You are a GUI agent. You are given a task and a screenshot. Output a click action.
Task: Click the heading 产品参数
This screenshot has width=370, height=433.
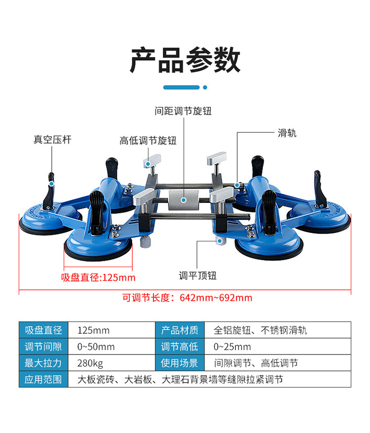click(185, 61)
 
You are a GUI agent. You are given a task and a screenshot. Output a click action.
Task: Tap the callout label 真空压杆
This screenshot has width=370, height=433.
click(52, 140)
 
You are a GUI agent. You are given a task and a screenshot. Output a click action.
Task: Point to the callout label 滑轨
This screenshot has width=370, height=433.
click(288, 133)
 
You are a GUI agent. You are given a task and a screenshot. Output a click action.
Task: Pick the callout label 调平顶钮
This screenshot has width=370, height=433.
click(198, 276)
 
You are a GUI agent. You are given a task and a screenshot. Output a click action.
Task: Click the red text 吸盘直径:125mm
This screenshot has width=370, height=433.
click(98, 277)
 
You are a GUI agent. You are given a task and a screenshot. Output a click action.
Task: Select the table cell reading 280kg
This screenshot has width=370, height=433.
click(90, 363)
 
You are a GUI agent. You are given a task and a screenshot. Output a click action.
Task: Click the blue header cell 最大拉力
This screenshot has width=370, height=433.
click(43, 363)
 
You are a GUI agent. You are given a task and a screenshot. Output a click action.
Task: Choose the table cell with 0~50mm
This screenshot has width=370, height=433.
click(96, 347)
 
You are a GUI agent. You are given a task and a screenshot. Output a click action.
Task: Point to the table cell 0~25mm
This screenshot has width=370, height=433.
click(232, 347)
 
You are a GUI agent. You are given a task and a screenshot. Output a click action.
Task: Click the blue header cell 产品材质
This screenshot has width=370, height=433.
click(180, 330)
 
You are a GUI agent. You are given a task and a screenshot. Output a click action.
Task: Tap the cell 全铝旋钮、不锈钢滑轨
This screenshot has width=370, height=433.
click(260, 330)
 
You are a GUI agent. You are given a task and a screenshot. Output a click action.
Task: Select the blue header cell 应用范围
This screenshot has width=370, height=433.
click(43, 380)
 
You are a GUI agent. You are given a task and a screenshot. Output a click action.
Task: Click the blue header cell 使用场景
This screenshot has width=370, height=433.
click(180, 363)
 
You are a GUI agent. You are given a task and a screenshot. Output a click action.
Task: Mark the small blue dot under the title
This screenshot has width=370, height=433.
click(205, 87)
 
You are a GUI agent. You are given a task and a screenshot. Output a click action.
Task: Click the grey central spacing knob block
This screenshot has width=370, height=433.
click(183, 200)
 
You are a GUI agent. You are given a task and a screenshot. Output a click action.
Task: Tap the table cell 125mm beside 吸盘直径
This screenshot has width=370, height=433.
click(94, 330)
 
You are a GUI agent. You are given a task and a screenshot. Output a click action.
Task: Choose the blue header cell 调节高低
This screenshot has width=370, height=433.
click(180, 347)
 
